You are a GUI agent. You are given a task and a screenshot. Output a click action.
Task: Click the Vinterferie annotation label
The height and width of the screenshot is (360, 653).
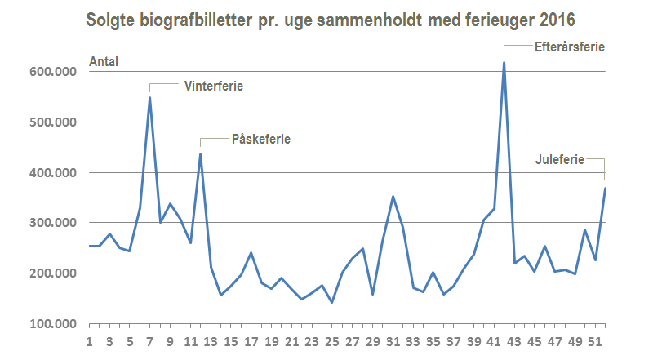[214, 85]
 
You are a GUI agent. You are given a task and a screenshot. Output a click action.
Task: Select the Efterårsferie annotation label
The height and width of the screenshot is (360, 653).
[568, 47]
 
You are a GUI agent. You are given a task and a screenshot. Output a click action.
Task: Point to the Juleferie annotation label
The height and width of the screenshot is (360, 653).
[560, 160]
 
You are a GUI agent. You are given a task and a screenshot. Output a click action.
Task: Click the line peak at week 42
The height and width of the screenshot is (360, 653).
[504, 62]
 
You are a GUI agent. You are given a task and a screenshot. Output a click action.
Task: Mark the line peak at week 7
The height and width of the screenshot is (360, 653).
[150, 98]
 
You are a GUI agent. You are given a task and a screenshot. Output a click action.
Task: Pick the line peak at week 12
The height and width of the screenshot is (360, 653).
[201, 153]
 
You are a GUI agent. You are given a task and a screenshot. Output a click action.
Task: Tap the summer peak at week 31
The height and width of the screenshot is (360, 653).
[393, 196]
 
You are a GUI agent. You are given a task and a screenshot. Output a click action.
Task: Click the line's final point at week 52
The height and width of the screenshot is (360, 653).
[605, 189]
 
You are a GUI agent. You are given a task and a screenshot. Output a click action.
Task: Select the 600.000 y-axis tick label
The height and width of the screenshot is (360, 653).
[54, 72]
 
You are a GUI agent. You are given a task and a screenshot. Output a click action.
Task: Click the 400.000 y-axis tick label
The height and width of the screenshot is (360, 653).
[54, 173]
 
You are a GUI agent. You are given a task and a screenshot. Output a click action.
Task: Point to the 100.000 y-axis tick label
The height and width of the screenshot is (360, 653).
[54, 324]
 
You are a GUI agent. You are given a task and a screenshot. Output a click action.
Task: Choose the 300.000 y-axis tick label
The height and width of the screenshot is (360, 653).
[54, 223]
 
